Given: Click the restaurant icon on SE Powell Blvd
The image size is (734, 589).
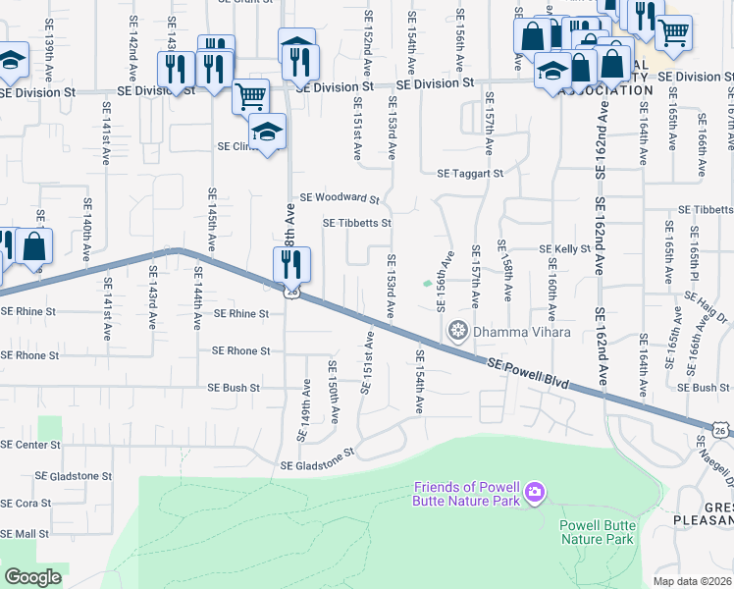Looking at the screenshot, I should tap(291, 263).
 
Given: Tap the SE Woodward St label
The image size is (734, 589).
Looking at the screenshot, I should tap(340, 197).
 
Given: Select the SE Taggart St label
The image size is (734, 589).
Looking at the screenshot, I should tap(470, 174).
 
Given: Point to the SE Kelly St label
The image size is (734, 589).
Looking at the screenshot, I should tap(566, 249).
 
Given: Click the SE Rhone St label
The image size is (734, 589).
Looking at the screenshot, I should tap(240, 350).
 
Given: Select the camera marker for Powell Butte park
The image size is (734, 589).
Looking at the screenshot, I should tap(534, 490).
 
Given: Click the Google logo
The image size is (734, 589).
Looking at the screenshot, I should tap(32, 577).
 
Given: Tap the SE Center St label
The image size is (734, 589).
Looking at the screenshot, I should tap(30, 445).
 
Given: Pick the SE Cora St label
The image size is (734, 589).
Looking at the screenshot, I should tap(26, 503).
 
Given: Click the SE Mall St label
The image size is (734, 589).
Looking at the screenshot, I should tap(25, 534).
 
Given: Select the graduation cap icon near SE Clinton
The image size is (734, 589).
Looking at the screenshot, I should tap(267, 131).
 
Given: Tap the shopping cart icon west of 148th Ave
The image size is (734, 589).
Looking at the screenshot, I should tap(250, 96).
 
